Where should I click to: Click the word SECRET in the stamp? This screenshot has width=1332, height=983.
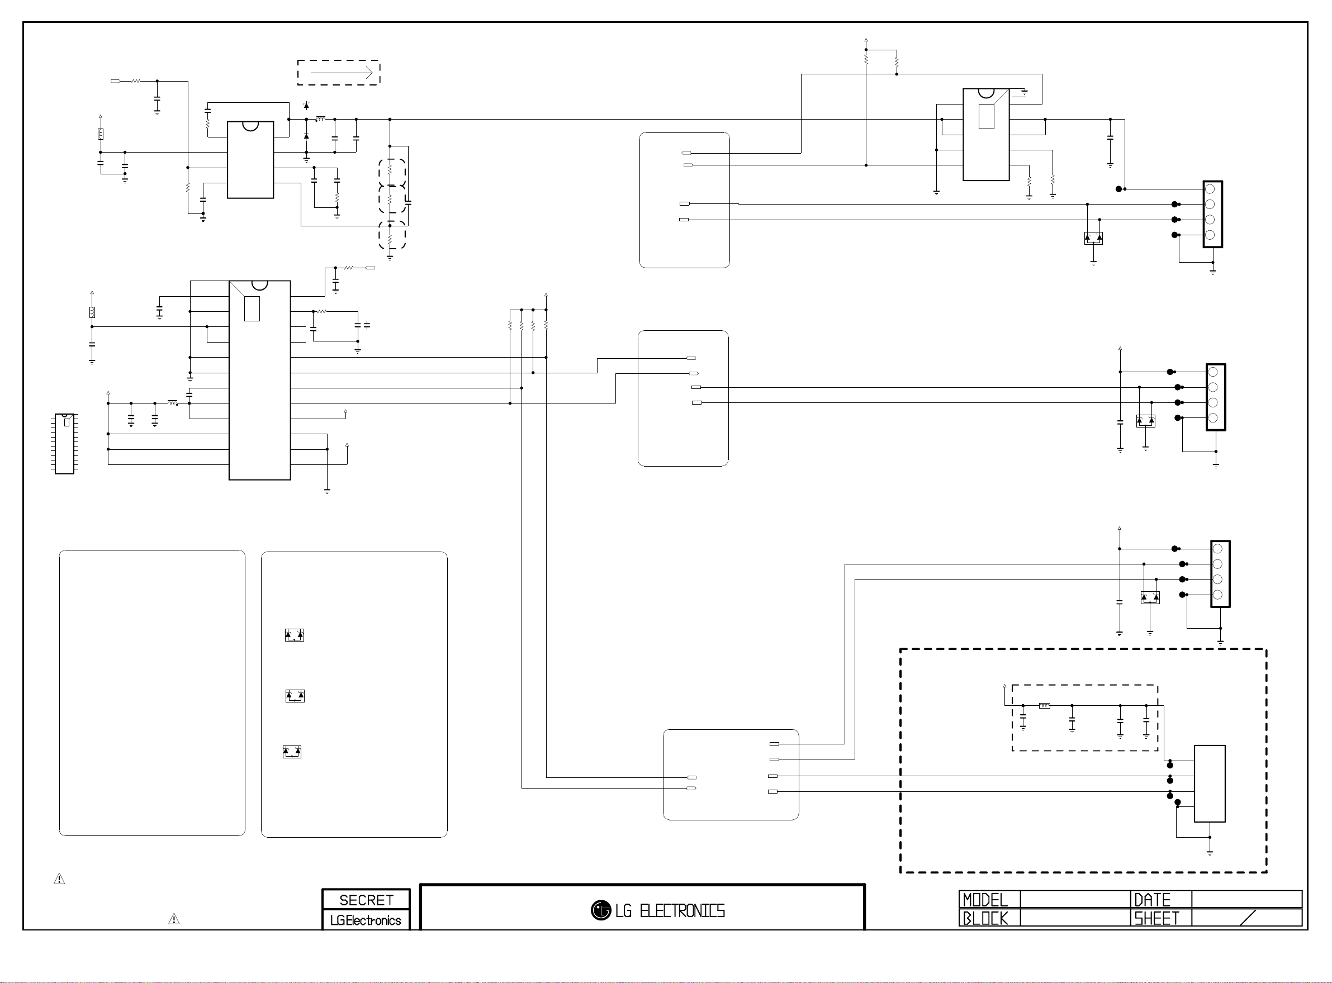(x=366, y=900)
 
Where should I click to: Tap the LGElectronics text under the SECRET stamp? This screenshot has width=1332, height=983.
(x=366, y=920)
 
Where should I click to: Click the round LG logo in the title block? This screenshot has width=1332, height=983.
(x=600, y=910)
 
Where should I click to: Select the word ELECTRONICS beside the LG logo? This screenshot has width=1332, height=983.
(x=682, y=911)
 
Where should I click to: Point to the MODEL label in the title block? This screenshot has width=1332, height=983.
(x=985, y=900)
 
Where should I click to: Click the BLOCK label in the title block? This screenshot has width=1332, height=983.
(x=985, y=918)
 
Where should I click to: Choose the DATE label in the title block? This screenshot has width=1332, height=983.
(x=1152, y=900)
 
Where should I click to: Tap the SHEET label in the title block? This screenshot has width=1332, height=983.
(x=1156, y=918)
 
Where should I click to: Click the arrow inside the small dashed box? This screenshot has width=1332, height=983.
(x=342, y=73)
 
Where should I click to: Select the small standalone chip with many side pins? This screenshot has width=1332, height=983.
(x=64, y=444)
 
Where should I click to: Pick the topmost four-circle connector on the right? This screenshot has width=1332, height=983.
(x=1212, y=214)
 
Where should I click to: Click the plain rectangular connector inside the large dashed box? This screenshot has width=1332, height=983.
(x=1210, y=783)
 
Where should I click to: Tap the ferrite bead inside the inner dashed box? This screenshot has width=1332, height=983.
(x=1044, y=706)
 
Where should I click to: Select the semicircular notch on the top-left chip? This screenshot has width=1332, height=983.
(x=250, y=126)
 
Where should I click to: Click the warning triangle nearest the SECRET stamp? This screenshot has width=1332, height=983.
(x=174, y=919)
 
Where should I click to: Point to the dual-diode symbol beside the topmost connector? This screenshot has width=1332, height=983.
(x=1093, y=238)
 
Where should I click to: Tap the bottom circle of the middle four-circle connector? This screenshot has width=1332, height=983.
(x=1213, y=417)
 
